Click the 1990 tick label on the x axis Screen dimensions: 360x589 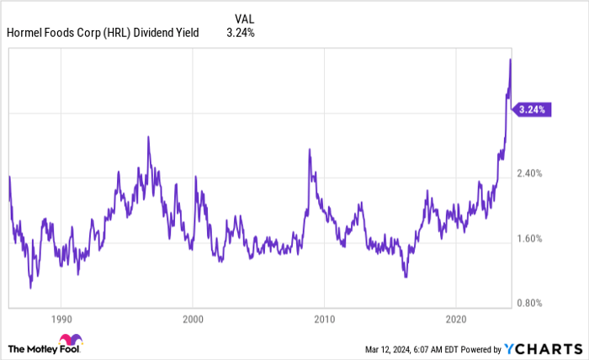point(61,320)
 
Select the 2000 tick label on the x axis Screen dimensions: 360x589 point(193,320)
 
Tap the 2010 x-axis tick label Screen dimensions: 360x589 point(324,320)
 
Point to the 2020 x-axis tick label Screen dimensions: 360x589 point(455,320)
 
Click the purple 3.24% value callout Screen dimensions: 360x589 point(533,109)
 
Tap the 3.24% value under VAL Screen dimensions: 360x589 point(240,34)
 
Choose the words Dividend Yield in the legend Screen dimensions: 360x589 point(172,34)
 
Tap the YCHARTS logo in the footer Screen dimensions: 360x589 point(545,348)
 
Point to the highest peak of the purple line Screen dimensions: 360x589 point(510,60)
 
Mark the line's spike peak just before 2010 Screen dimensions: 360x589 point(309,150)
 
